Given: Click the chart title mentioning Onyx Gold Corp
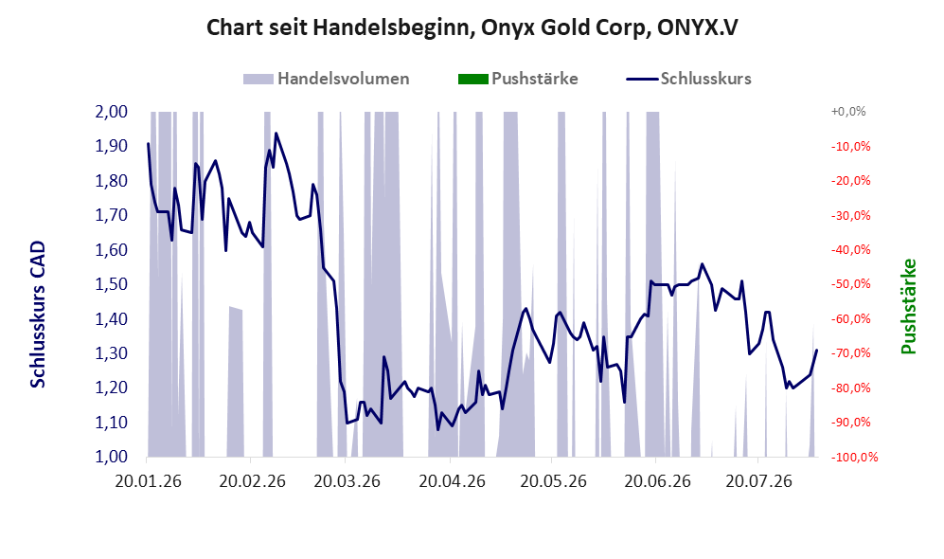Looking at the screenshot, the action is point(472,27).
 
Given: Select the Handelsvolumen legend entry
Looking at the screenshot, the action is point(327,79).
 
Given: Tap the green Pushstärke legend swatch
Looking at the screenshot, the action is point(473,79).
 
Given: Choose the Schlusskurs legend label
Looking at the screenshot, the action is point(705,79).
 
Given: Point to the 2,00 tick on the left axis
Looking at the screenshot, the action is point(112,112).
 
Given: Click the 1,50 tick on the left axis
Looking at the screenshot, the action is point(112,283).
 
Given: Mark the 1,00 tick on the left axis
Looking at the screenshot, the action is point(112,457).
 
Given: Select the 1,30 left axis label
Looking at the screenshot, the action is point(112,353).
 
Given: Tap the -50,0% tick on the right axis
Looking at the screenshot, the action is point(850,283).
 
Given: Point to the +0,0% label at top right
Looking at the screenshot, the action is point(848,112).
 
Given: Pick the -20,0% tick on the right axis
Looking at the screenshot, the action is point(850,181).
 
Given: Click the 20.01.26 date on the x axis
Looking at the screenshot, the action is point(148,482).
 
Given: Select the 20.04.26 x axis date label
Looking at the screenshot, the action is point(453,482).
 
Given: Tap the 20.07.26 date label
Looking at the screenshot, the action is point(758,482).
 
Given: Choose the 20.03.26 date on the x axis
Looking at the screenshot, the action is point(347,482).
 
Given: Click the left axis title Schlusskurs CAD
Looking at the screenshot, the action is point(38,315).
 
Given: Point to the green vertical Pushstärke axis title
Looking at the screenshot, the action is point(908,306).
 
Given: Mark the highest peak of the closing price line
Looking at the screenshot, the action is point(276,134).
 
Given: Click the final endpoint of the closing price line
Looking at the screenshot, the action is point(816,350).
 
